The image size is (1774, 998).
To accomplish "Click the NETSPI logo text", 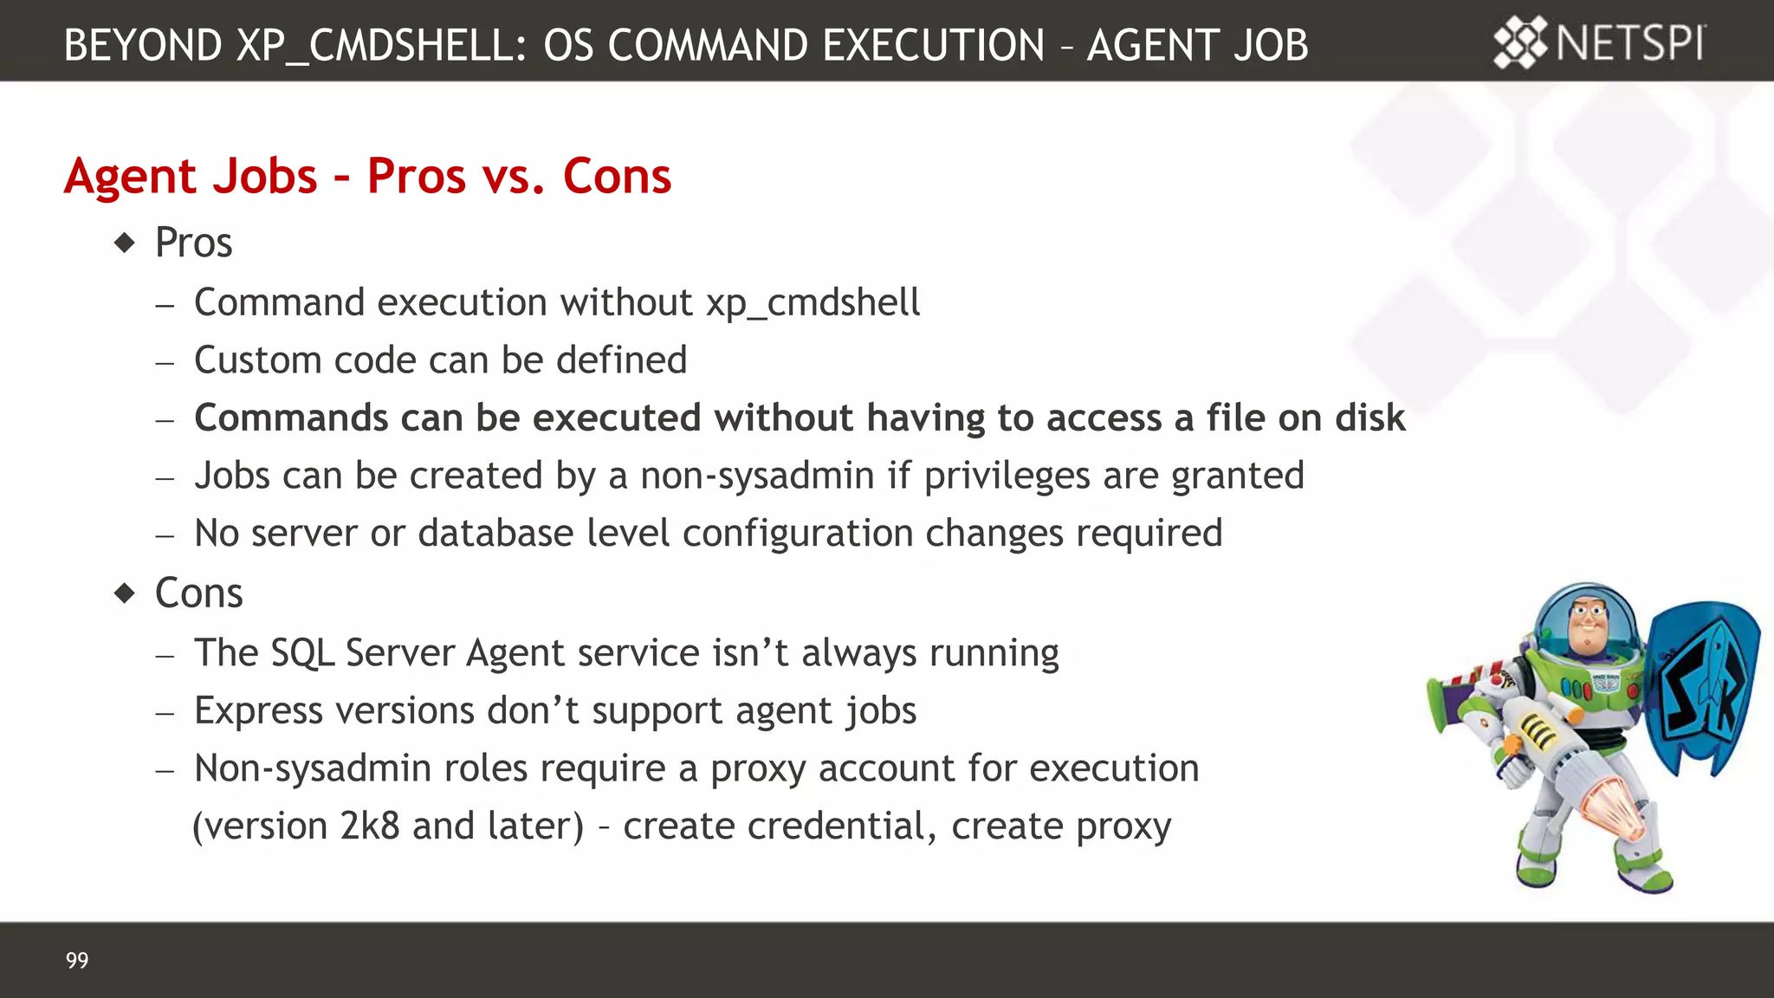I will click(x=1630, y=43).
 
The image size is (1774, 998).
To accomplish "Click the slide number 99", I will click(x=77, y=960).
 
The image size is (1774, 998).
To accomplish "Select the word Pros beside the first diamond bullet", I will click(x=193, y=243).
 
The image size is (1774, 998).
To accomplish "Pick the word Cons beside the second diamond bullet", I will click(x=198, y=593).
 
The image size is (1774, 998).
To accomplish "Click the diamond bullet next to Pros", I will click(x=126, y=243).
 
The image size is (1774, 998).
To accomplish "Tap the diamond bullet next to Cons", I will click(x=126, y=593).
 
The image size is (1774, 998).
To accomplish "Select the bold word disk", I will click(x=1369, y=418).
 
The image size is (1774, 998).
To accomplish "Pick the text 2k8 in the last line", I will click(x=370, y=826).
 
